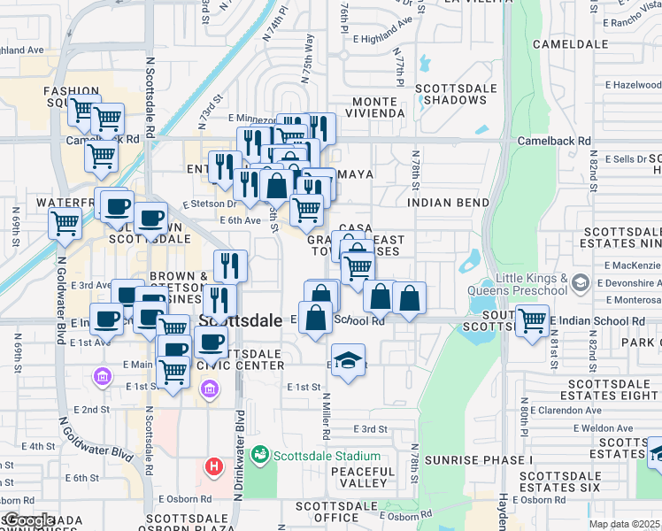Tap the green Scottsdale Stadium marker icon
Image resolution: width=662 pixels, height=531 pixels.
(259, 456)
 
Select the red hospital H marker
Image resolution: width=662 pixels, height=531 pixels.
(213, 466)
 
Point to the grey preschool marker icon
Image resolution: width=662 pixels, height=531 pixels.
(581, 284)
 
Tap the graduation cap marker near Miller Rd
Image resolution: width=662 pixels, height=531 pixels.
(347, 362)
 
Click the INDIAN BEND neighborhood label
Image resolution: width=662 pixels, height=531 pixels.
(449, 203)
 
